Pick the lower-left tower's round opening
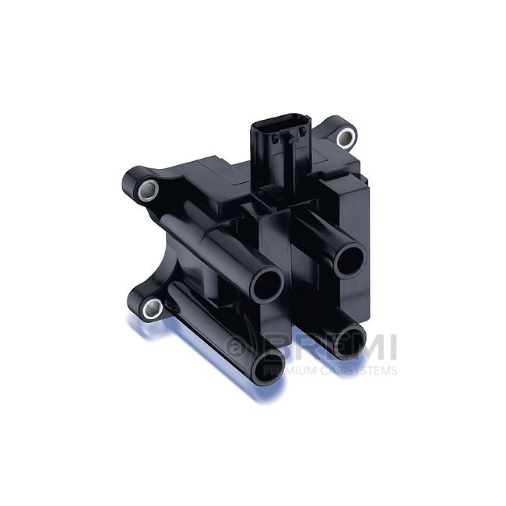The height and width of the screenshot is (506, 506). point(269,364)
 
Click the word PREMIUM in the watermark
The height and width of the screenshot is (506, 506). point(287,371)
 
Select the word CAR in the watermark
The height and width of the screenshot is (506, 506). point(327,371)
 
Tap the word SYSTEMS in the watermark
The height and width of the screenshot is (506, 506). point(369,371)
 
